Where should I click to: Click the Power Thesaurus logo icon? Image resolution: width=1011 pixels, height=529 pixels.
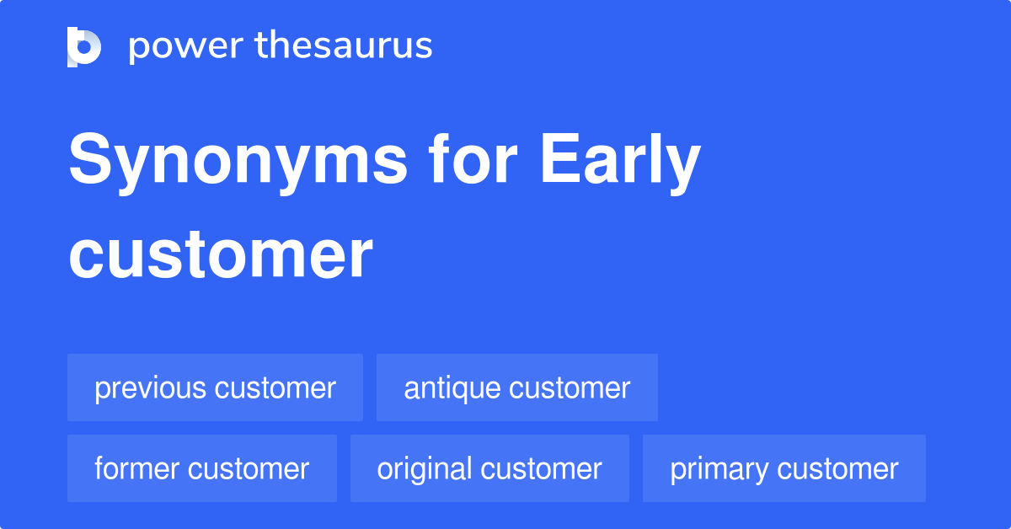pos(84,46)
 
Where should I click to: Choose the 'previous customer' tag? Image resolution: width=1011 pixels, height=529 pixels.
pos(215,387)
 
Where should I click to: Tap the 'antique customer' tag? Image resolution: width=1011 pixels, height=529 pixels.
pos(516,387)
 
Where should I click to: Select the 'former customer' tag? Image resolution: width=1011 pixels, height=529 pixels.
pos(202,468)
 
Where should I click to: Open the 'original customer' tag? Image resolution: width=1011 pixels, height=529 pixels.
pos(489,468)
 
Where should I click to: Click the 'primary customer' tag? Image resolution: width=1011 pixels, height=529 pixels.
pos(784,468)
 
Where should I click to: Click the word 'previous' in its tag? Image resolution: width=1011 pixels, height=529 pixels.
pos(151,388)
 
